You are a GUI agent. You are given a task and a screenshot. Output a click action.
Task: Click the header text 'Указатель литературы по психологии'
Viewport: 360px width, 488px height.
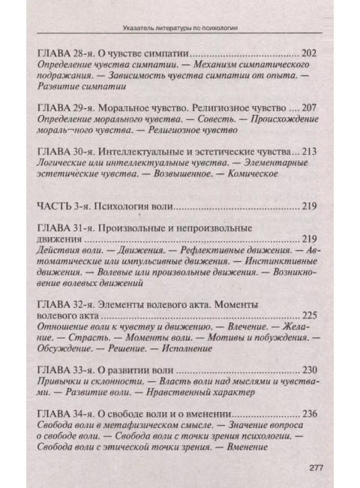pos(179,30)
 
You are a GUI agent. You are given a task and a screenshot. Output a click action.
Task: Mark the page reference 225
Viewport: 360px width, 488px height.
pos(308,315)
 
